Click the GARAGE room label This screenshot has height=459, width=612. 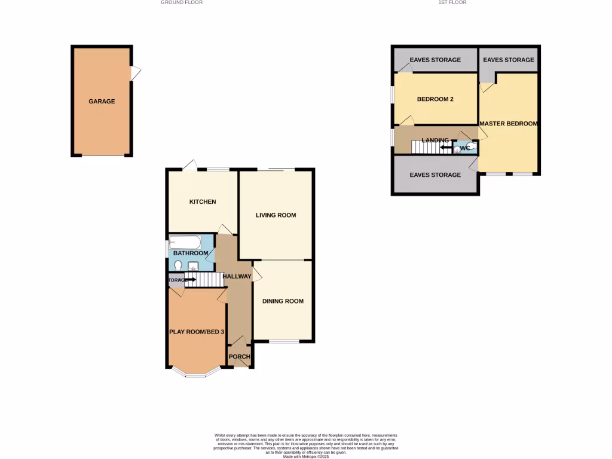(x=102, y=102)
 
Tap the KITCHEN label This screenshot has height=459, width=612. (x=203, y=202)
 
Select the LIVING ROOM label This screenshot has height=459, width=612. (x=276, y=215)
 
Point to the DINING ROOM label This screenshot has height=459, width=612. (x=283, y=301)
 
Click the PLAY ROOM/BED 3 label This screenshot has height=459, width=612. (x=197, y=332)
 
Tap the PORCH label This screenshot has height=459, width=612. (x=239, y=357)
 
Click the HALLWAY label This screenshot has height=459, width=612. (x=237, y=276)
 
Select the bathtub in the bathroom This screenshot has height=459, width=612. (x=185, y=243)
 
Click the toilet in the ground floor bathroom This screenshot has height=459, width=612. (x=179, y=265)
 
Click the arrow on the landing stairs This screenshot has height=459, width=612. (x=445, y=146)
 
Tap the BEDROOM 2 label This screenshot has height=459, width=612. (x=435, y=99)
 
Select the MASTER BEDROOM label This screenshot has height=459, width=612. (x=508, y=124)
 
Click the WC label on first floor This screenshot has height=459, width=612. (x=464, y=147)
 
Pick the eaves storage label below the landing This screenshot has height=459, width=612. (x=435, y=175)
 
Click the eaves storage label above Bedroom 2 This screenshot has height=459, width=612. (x=435, y=60)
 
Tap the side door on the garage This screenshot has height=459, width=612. (x=136, y=73)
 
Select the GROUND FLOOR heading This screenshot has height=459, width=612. (x=182, y=2)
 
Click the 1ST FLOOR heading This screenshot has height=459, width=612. (x=452, y=2)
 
